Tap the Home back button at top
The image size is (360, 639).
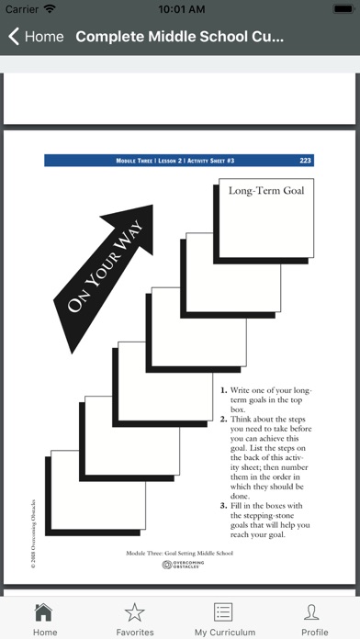(x=37, y=38)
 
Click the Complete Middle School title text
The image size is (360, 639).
(x=180, y=38)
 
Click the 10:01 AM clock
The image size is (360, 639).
(x=181, y=9)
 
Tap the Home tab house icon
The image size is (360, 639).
(x=44, y=612)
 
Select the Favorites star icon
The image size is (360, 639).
(x=135, y=612)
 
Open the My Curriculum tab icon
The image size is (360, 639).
(x=222, y=612)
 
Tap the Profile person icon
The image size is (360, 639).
(x=314, y=612)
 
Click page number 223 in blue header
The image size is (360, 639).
(x=305, y=161)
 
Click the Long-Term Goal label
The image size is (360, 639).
(x=265, y=191)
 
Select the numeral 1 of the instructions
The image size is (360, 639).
(x=222, y=390)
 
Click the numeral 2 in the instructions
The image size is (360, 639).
(x=222, y=419)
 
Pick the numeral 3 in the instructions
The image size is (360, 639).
(x=222, y=506)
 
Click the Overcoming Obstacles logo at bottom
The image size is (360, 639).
(x=180, y=566)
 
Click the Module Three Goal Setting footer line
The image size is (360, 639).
(x=180, y=555)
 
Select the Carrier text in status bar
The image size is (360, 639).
(x=22, y=9)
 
